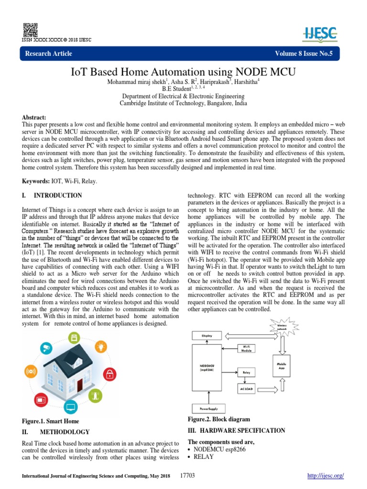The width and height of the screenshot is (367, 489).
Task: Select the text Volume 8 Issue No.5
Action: (x=303, y=53)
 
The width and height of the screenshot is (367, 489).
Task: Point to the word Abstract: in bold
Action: (x=34, y=117)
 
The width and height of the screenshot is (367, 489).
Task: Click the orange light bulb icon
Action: (x=74, y=339)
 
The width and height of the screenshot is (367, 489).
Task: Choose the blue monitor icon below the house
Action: (x=70, y=407)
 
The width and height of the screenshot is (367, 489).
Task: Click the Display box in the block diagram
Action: (x=207, y=336)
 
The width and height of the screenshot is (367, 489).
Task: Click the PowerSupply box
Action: (x=206, y=409)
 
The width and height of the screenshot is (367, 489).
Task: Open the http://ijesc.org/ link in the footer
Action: (x=324, y=476)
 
